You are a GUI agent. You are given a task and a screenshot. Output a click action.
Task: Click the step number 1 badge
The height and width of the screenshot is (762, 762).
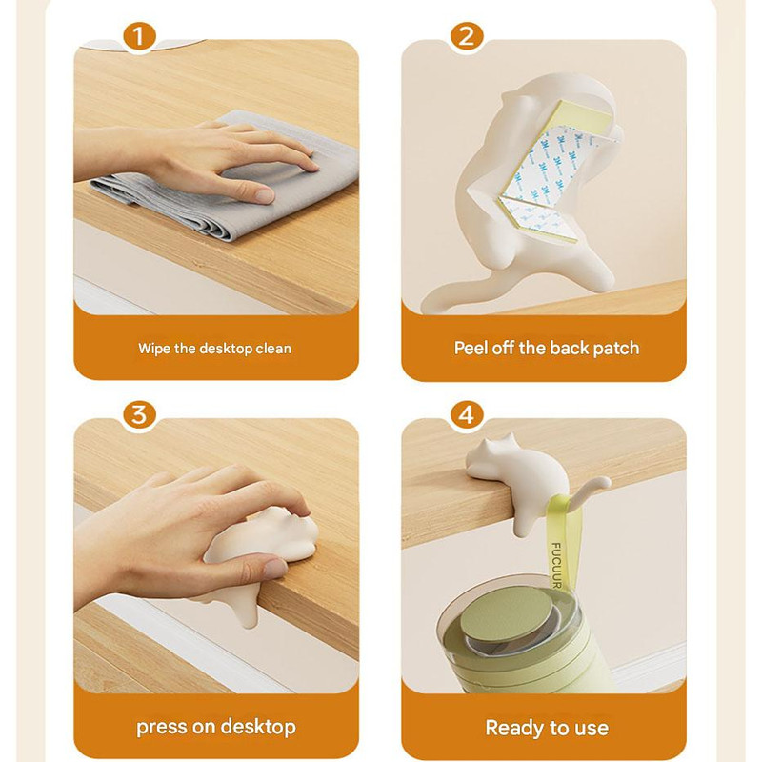(139, 37)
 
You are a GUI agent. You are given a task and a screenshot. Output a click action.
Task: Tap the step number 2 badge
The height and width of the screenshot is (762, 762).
(467, 37)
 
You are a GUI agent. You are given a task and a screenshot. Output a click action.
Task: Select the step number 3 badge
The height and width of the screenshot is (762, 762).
(139, 415)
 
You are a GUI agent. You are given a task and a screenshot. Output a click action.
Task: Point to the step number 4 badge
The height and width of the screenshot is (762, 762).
(467, 415)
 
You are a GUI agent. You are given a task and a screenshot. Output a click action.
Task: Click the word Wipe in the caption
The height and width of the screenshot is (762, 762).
(153, 349)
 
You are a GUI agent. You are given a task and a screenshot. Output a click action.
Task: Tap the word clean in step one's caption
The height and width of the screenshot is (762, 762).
(273, 349)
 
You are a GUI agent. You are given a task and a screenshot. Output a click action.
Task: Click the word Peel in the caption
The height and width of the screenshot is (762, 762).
(471, 348)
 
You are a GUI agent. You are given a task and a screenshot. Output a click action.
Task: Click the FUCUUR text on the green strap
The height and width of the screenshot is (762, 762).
(556, 566)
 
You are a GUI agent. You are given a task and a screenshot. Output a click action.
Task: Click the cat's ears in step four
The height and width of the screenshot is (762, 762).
(496, 441)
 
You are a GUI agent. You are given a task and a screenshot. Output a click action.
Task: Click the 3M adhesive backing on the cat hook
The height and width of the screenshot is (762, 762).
(544, 175)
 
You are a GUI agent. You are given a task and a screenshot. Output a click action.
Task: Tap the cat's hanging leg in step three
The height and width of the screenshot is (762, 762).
(247, 609)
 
